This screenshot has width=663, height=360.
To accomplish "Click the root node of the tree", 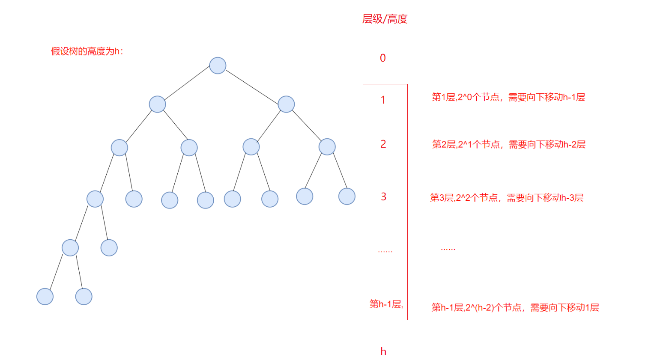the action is [x=218, y=65].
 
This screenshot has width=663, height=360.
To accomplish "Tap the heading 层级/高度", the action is [x=385, y=19].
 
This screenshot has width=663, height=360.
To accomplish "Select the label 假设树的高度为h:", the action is [x=87, y=51].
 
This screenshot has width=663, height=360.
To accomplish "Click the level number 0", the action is [x=383, y=58].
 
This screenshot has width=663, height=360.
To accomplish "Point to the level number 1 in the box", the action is [x=383, y=100].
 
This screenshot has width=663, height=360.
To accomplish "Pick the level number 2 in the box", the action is [x=383, y=144].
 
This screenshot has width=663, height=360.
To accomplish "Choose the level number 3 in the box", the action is [x=383, y=197].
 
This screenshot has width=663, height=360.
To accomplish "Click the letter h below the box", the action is [x=383, y=352].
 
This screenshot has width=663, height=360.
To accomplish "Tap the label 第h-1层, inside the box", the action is [x=386, y=304].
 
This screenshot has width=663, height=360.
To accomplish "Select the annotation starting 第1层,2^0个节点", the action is [x=508, y=98].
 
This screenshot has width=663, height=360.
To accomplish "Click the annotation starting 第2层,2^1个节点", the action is [x=509, y=145].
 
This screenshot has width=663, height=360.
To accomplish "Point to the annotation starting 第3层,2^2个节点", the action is [x=507, y=198].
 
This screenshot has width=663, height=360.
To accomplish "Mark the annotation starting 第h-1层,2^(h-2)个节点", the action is [x=515, y=308].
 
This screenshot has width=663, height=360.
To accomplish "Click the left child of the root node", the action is [x=157, y=104].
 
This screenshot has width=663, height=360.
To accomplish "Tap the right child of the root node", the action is [x=286, y=104].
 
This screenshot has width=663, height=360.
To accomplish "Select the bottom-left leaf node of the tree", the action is [x=45, y=297].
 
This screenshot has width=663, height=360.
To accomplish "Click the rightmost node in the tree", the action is [x=346, y=196].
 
